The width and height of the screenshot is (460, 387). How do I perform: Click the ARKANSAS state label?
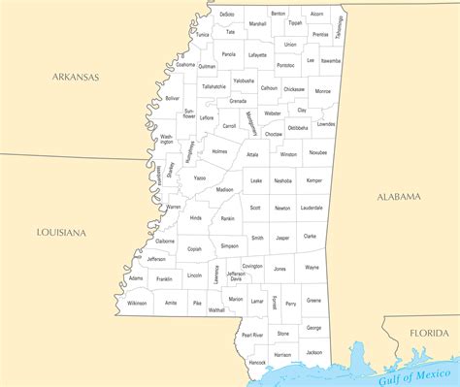point(76,76)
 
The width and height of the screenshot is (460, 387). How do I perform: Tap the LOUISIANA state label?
point(61,233)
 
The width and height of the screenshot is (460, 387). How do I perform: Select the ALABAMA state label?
point(399,196)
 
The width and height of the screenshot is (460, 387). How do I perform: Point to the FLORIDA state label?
point(428,333)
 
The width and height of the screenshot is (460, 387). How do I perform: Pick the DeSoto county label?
point(227,15)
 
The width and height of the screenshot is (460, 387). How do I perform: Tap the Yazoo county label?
point(199,178)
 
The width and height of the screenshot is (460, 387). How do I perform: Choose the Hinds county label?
point(196,218)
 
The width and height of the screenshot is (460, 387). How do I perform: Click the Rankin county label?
point(227,219)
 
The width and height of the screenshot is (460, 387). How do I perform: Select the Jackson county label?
point(313,352)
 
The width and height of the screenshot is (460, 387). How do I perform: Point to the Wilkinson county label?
point(137,303)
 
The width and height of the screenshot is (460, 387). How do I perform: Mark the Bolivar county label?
point(172,98)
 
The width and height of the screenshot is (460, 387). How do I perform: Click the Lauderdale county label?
point(312,208)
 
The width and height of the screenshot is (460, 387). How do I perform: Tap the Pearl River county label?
point(252,335)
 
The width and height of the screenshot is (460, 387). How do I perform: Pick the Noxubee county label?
point(317,152)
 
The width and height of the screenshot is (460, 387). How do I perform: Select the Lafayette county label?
point(257,55)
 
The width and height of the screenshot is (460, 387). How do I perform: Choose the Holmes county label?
point(219,151)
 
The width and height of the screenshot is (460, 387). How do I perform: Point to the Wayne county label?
point(312,267)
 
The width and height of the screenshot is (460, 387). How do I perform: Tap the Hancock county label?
point(256,362)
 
